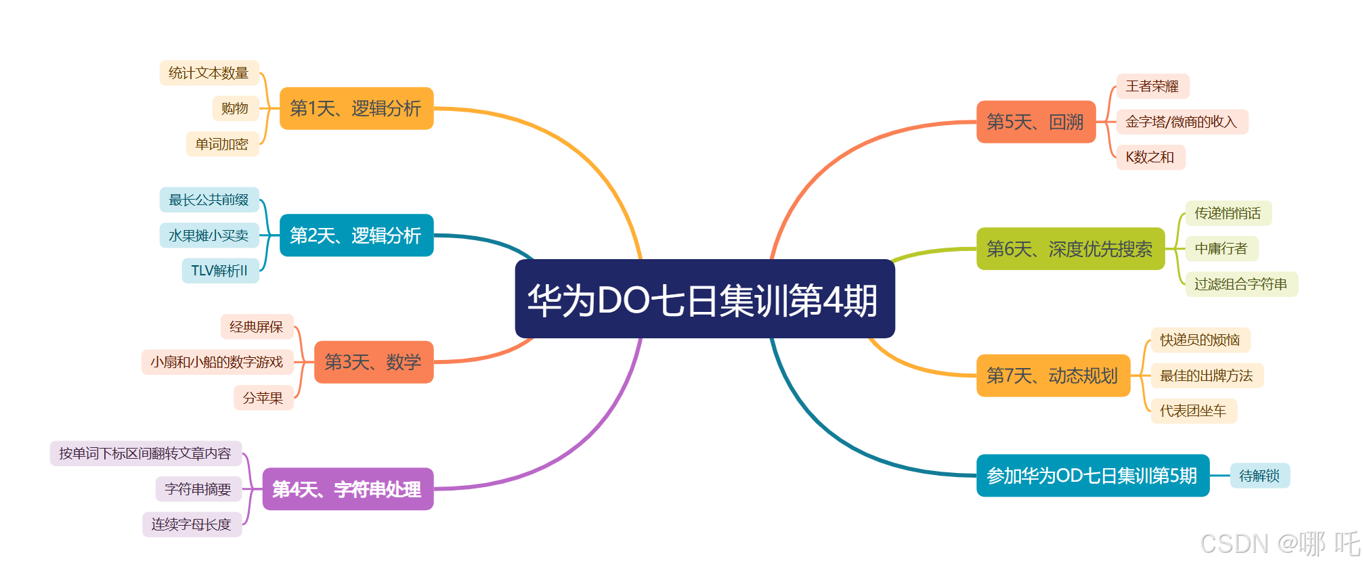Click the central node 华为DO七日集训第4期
coord(704,299)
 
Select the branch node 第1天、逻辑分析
coord(356,108)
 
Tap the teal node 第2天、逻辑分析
coord(356,235)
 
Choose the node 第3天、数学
coord(373,362)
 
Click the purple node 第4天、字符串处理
coord(347,489)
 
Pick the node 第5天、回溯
coord(1035,122)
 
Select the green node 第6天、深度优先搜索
coord(1070,249)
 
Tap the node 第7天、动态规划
coord(1053,376)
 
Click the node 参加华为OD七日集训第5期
coord(1092,476)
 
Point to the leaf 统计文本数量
coord(209,73)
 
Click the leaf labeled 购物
coord(235,108)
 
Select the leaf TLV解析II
coord(220,271)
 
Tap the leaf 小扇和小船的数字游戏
coord(217,362)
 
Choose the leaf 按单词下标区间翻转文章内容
coord(146,453)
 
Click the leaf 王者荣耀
coord(1152,87)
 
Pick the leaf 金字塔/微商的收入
coord(1181,122)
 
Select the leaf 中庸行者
coord(1221,249)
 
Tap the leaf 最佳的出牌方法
coord(1207,376)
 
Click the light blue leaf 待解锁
coord(1259,476)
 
